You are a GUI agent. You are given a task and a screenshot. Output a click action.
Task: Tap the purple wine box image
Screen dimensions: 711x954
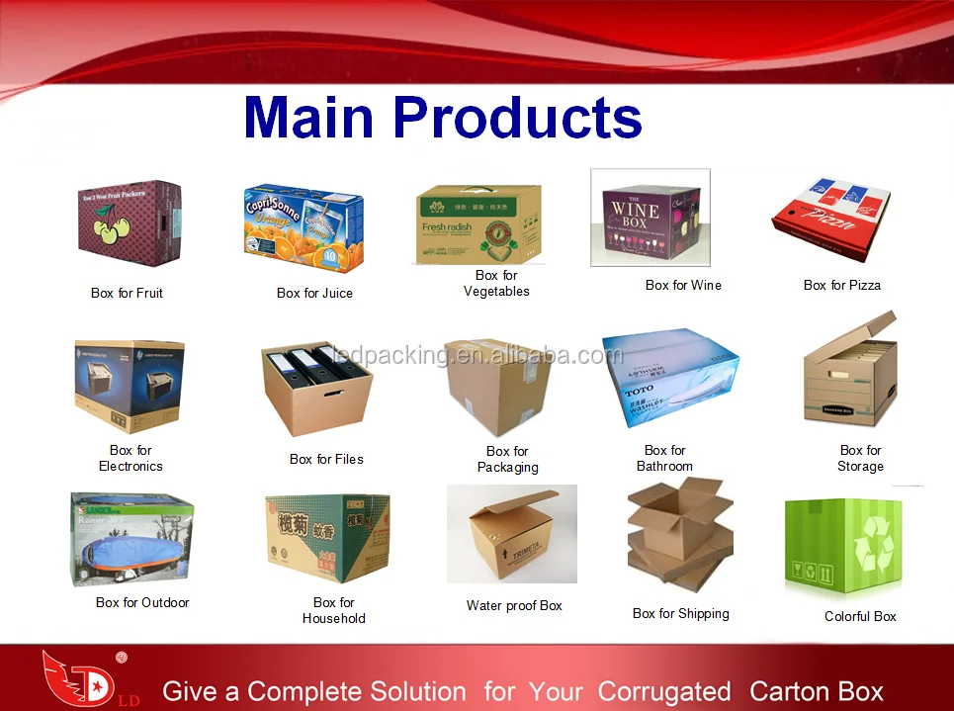pos(650,218)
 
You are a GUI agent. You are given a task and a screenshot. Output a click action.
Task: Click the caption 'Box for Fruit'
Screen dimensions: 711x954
pos(127,293)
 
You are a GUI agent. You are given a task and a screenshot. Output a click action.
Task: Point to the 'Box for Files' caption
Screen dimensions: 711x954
pos(326,459)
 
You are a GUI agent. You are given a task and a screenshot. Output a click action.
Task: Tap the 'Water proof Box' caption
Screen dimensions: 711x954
pos(514,605)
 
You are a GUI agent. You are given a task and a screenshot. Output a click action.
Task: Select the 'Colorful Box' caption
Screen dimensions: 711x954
pos(860,616)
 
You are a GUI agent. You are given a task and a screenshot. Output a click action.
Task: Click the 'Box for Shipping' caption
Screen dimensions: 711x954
pos(681,613)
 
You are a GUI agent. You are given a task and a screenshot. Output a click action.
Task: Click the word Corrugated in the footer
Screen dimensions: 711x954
pos(664,691)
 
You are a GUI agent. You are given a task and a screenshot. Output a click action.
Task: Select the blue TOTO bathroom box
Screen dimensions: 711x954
pos(669,380)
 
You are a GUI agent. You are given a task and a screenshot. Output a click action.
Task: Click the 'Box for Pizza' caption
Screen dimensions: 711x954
pos(842,285)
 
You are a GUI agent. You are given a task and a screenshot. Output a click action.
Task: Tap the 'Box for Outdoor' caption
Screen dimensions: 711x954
pos(142,602)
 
